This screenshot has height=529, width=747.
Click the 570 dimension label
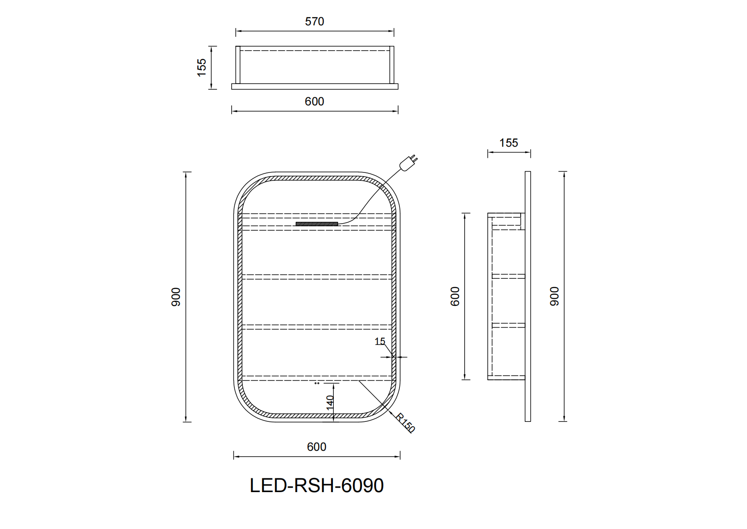click(x=314, y=21)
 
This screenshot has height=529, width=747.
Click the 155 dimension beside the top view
click(x=202, y=67)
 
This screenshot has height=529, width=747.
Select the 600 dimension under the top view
click(x=314, y=101)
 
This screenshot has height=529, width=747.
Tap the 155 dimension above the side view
click(x=508, y=143)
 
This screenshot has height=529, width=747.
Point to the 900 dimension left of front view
click(x=176, y=297)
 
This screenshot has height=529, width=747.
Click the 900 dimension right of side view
click(x=554, y=296)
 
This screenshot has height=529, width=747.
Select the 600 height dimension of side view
click(x=455, y=296)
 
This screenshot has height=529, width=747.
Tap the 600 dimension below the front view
click(x=316, y=447)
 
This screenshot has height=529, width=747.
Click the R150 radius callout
click(x=405, y=423)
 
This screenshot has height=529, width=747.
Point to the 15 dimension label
click(x=379, y=341)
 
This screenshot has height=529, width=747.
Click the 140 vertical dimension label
click(x=330, y=402)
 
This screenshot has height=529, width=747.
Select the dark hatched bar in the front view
click(x=316, y=224)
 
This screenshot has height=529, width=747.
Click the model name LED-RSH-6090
click(x=316, y=485)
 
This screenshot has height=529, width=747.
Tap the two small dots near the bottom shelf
click(x=317, y=383)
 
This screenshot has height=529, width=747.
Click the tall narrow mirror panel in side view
click(x=528, y=296)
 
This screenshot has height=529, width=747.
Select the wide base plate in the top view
click(x=314, y=87)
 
